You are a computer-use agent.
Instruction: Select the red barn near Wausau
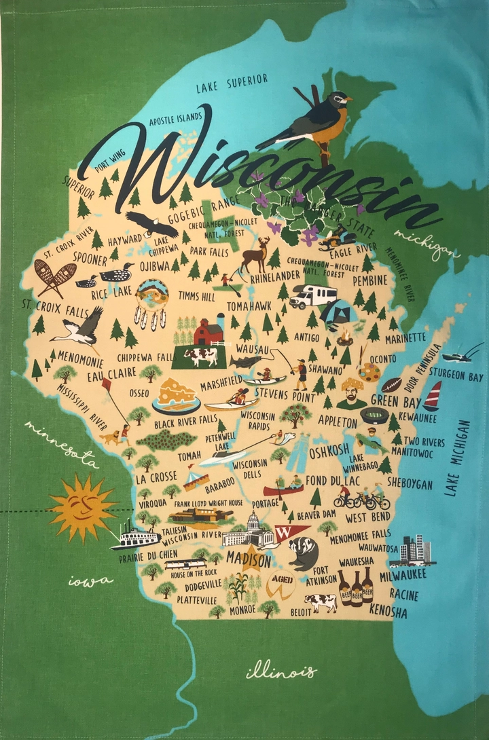209,331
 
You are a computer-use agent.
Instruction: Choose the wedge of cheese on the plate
176,394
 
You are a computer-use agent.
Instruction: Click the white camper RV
313,296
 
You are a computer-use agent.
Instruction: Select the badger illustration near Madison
303,553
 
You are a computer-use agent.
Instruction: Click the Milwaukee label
403,574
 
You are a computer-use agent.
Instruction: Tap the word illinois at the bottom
280,671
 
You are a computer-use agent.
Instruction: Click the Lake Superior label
232,84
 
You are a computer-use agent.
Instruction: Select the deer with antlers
256,255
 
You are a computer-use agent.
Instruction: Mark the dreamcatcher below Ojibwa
151,303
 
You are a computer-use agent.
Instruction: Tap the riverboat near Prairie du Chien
135,537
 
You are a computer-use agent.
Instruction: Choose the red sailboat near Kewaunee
432,396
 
